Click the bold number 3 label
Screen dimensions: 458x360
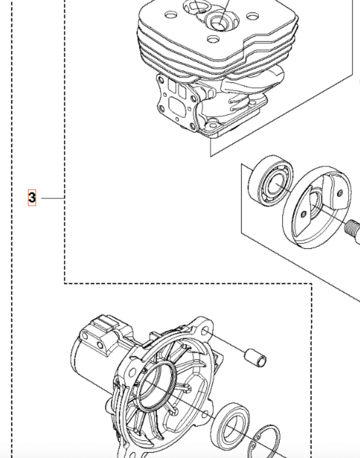point(32,198)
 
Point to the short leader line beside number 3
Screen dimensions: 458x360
point(52,198)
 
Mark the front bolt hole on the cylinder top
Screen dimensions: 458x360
point(213,39)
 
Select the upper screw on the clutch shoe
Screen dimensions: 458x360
point(340,193)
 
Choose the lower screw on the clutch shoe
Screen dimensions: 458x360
point(303,214)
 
